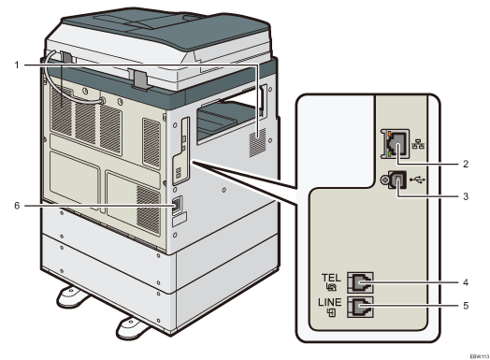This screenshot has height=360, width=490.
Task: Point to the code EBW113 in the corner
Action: tap(472, 353)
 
